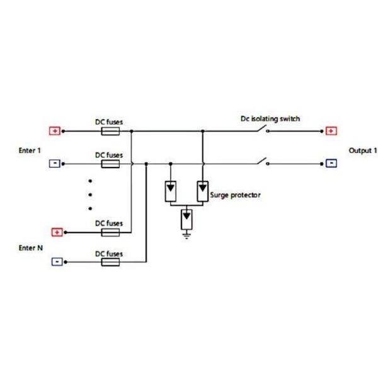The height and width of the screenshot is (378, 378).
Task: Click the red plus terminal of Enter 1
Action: [55, 132]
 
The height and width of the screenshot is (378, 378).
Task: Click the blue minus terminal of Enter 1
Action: [55, 164]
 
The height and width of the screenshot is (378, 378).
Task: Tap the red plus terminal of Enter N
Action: [57, 232]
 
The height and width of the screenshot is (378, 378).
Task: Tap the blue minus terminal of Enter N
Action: [57, 261]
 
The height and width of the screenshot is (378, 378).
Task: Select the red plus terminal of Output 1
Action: [332, 132]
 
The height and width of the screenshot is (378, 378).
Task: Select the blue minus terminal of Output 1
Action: [332, 164]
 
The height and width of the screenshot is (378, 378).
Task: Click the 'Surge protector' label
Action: [236, 195]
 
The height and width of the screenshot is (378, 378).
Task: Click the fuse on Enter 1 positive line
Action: [111, 132]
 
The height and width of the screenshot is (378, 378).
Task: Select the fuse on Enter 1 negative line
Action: [111, 164]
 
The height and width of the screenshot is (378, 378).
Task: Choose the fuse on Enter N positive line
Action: [111, 232]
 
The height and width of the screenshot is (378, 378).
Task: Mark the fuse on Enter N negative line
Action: [111, 261]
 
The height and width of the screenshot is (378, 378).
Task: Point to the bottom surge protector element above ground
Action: [186, 219]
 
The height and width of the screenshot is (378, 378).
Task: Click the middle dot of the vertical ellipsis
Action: [91, 194]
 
